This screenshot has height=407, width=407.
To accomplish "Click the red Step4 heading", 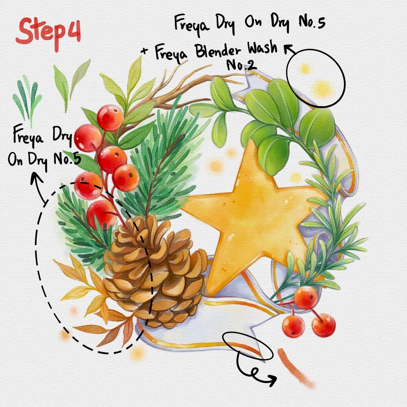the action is pyautogui.click(x=48, y=33).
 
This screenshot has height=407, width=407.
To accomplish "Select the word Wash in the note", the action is pyautogui.click(x=262, y=48).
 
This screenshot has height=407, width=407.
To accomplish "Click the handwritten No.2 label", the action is pyautogui.click(x=241, y=65).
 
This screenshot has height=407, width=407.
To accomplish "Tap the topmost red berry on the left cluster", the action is pyautogui.click(x=110, y=118).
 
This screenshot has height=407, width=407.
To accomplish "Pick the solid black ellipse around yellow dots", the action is pyautogui.click(x=315, y=78).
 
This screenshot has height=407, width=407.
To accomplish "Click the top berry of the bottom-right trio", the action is pyautogui.click(x=306, y=298).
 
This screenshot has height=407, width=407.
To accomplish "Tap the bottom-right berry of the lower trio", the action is pyautogui.click(x=324, y=325).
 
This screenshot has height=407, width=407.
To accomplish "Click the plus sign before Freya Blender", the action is pyautogui.click(x=144, y=51).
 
